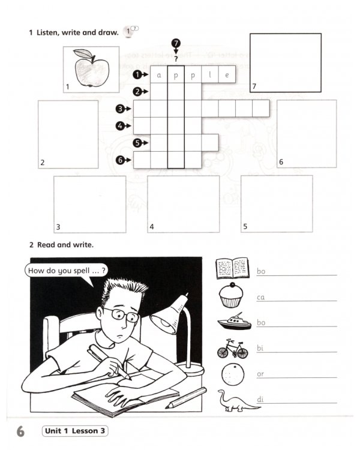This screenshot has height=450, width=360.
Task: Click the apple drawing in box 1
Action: coord(91,69)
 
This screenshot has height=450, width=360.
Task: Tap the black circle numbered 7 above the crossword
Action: coord(175,44)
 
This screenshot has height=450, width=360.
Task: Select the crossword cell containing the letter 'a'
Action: coord(159,74)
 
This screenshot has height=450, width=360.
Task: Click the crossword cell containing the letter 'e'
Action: coord(227,74)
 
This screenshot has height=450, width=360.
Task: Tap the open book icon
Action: coord(232,268)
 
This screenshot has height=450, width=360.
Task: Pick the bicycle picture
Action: coord(232,349)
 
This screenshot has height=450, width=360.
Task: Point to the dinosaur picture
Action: coord(236,401)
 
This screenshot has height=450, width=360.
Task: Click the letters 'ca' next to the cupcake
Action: coord(261,297)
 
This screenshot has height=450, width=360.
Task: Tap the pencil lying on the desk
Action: coord(185,397)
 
